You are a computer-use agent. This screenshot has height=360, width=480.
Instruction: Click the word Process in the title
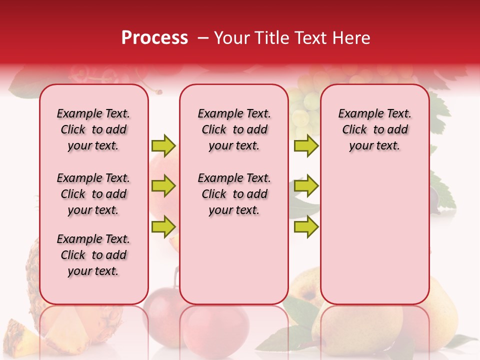[x=154, y=38]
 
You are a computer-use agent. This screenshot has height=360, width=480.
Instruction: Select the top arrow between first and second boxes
[x=163, y=145]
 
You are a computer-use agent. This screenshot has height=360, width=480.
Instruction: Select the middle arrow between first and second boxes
[x=163, y=186]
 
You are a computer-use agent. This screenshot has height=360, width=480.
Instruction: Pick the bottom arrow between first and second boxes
[x=163, y=226]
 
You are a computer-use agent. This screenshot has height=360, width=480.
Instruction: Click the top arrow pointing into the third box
[x=306, y=145]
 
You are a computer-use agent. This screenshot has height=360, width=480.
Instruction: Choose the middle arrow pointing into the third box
[x=306, y=186]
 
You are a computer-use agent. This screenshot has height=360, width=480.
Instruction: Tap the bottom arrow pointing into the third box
[x=306, y=226]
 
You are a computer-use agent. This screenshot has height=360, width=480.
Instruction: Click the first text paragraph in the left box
[x=93, y=129]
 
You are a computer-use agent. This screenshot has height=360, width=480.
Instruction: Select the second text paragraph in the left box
[x=93, y=194]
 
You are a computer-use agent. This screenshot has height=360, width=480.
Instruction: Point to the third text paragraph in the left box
[x=93, y=255]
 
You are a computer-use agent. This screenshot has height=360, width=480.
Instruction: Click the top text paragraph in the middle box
[x=234, y=129]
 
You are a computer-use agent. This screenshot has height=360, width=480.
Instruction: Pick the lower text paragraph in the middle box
[x=234, y=194]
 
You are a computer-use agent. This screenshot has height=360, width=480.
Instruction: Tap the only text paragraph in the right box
[x=374, y=129]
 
